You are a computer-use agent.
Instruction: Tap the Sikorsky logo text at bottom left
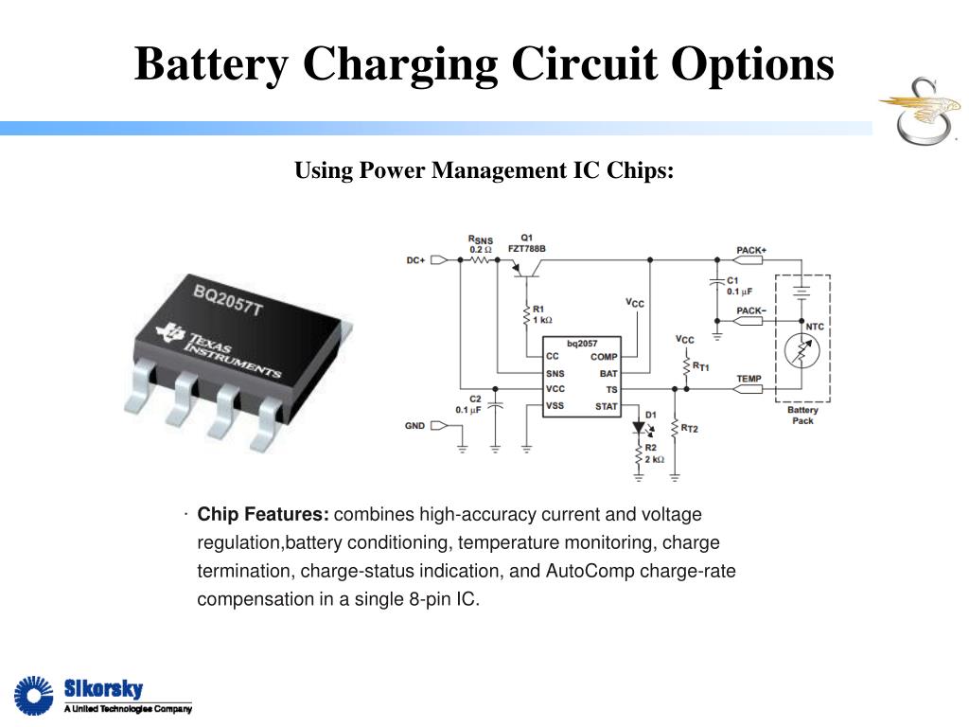click(x=103, y=688)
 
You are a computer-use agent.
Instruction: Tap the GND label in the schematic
click(x=414, y=426)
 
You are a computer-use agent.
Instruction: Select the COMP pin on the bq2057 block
click(x=604, y=357)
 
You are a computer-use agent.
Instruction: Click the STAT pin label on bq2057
click(x=606, y=407)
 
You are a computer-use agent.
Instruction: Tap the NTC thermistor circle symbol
click(x=801, y=352)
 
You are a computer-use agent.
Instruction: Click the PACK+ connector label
click(x=751, y=250)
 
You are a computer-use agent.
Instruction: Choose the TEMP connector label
click(x=749, y=379)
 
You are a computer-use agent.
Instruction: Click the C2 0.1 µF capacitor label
click(x=469, y=404)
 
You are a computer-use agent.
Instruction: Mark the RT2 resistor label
click(x=689, y=429)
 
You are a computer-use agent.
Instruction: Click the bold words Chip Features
click(x=263, y=515)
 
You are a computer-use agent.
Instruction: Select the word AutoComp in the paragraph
click(x=590, y=572)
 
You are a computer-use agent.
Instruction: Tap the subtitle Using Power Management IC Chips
click(x=484, y=170)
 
